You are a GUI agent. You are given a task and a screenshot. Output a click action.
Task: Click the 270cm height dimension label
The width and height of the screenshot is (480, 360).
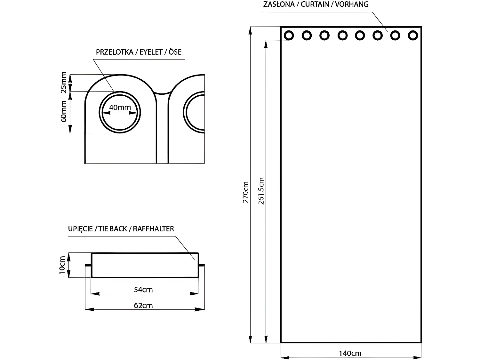click(x=246, y=192)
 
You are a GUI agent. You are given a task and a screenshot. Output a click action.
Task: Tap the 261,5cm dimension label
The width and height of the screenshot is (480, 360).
click(x=261, y=191)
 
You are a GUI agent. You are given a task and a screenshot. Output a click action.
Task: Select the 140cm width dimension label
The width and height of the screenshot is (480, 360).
click(x=350, y=354)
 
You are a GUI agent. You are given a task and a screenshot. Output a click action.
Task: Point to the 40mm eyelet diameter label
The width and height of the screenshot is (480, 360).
click(x=120, y=108)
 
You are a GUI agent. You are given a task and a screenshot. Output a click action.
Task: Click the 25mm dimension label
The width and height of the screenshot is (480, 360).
click(x=64, y=83)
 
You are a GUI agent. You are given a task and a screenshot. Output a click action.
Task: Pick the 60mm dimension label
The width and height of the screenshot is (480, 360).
click(x=64, y=111)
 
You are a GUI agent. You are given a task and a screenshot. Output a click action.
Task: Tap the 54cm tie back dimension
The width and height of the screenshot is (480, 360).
click(x=143, y=290)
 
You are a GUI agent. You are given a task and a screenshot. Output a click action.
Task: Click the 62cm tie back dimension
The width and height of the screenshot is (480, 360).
click(x=143, y=305)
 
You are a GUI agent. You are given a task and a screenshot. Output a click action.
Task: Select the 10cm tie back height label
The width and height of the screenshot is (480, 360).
click(x=62, y=265)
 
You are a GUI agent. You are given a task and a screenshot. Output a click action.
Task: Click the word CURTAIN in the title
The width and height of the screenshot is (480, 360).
click(x=315, y=4)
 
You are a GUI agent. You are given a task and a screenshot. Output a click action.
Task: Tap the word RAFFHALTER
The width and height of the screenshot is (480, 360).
click(x=153, y=229)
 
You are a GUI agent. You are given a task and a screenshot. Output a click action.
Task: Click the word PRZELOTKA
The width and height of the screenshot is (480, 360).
click(x=115, y=52)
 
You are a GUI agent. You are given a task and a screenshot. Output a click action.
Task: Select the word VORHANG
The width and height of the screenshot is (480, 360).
click(x=352, y=4)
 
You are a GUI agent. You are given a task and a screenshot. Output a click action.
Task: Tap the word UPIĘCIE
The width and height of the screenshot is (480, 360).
click(x=80, y=229)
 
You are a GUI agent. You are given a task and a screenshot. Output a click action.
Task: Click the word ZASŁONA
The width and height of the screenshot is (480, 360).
click(x=279, y=4)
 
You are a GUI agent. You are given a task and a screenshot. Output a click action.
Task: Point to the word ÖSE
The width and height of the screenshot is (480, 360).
click(x=175, y=52)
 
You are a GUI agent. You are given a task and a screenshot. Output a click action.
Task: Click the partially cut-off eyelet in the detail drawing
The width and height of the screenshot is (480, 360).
click(x=184, y=112)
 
